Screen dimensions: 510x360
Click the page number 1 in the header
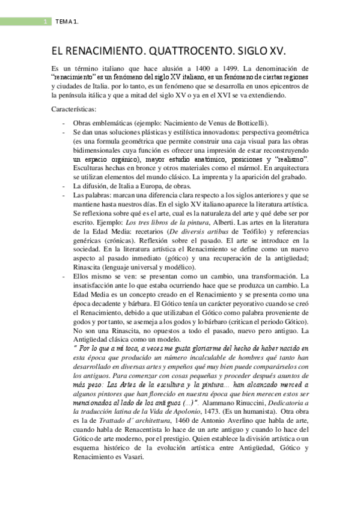coord(45,22)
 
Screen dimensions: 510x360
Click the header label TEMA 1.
coord(67,22)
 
